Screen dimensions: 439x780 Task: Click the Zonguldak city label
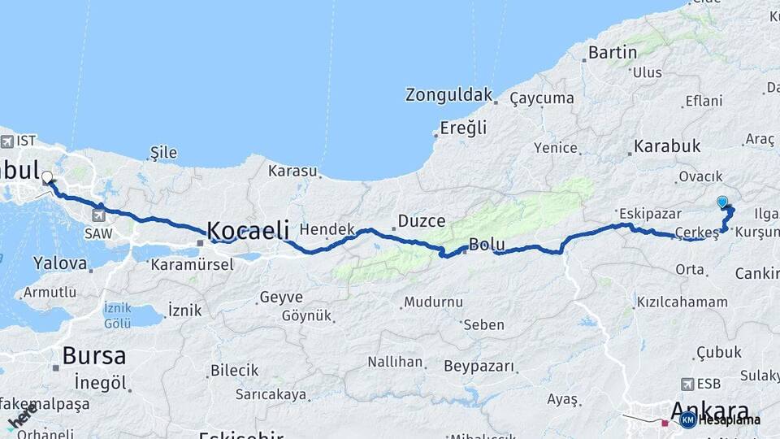point(448,94)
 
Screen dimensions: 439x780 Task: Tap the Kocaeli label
point(248,230)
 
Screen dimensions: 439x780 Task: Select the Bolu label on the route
point(487,245)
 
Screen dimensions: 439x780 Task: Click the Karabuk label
point(667,146)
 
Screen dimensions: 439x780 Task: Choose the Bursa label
point(93,355)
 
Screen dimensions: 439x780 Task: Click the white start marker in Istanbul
point(46,176)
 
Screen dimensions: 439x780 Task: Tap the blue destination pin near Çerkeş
point(722,202)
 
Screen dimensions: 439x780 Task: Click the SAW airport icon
point(99,215)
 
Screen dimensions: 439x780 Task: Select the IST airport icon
point(7,141)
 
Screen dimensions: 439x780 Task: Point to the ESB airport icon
point(688,384)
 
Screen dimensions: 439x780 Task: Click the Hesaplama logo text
point(730,420)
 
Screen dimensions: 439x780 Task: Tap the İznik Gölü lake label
point(117,315)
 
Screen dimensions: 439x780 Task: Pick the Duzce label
point(421,221)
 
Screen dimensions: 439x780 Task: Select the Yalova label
point(59,263)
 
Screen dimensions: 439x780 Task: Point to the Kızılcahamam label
point(682,302)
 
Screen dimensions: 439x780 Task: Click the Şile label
point(163,153)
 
